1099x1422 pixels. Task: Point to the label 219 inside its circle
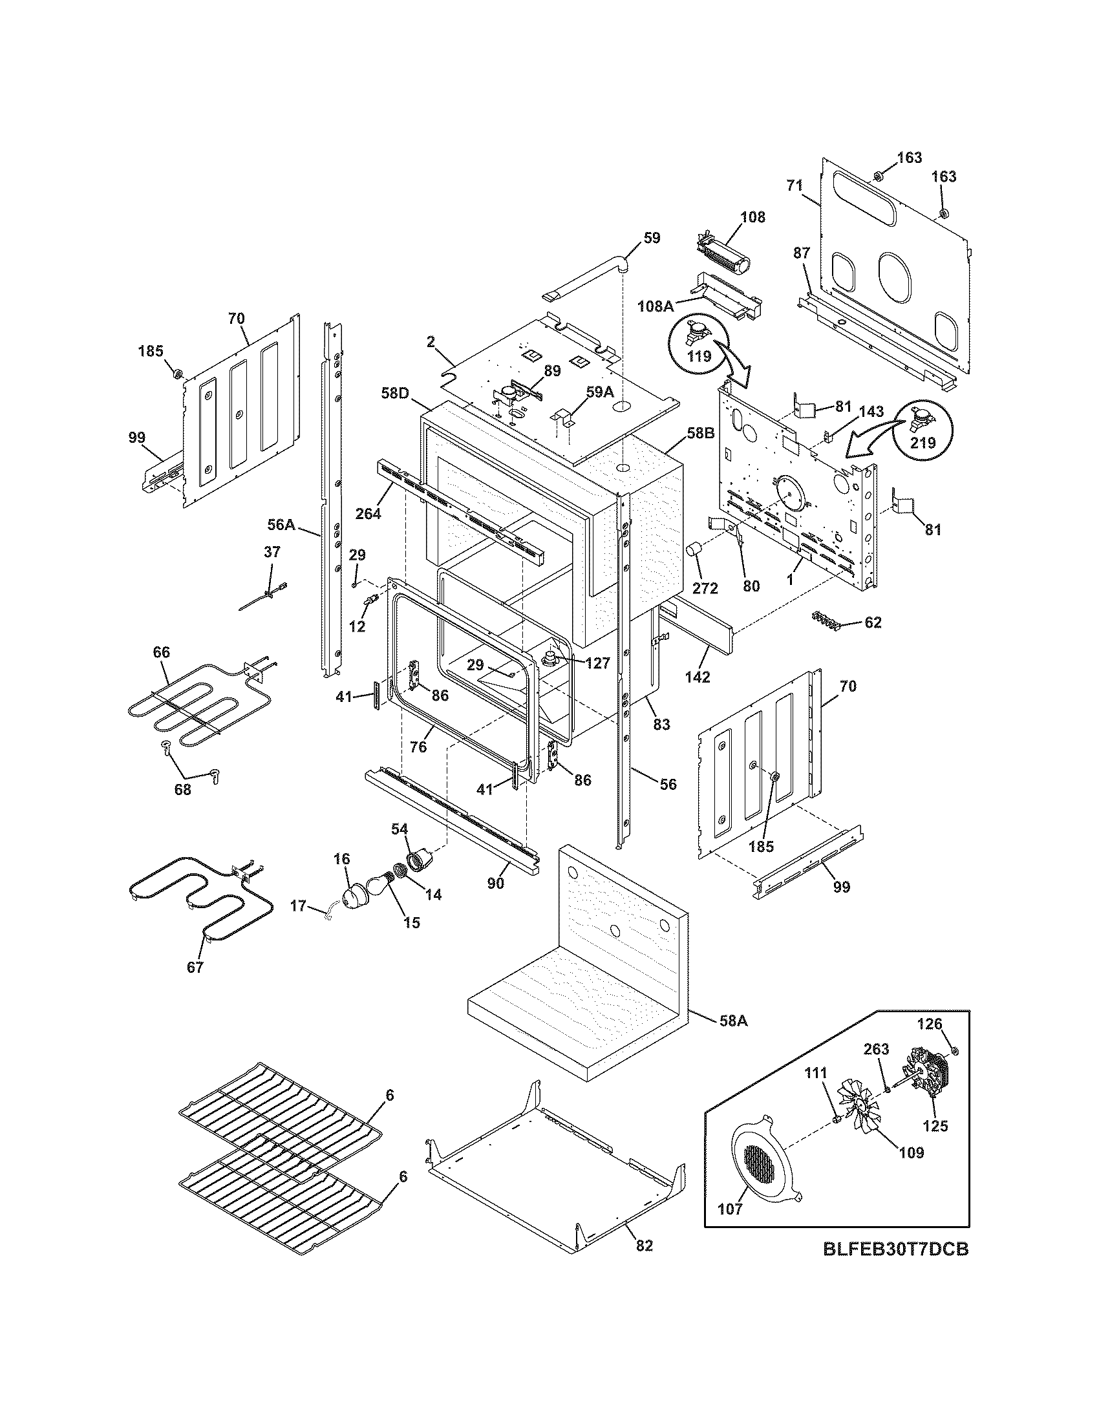[923, 443]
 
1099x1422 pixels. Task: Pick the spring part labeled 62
[825, 621]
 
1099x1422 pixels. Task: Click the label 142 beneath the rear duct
[698, 677]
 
